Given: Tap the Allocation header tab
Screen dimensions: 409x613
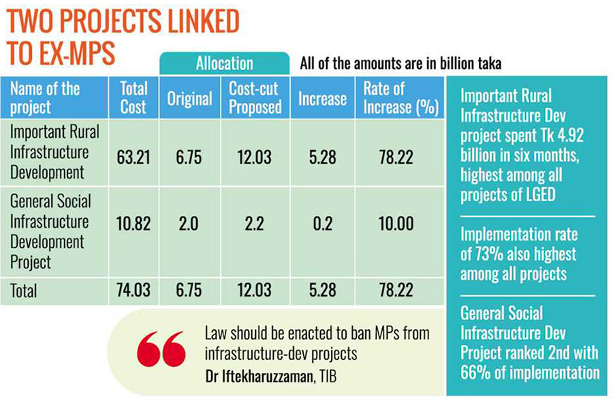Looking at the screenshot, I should pos(224,64).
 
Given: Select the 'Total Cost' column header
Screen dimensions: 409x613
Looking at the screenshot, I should pos(133,97).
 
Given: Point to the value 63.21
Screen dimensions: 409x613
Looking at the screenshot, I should pos(133,157).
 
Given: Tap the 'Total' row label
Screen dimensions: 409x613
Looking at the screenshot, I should pos(24,291).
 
